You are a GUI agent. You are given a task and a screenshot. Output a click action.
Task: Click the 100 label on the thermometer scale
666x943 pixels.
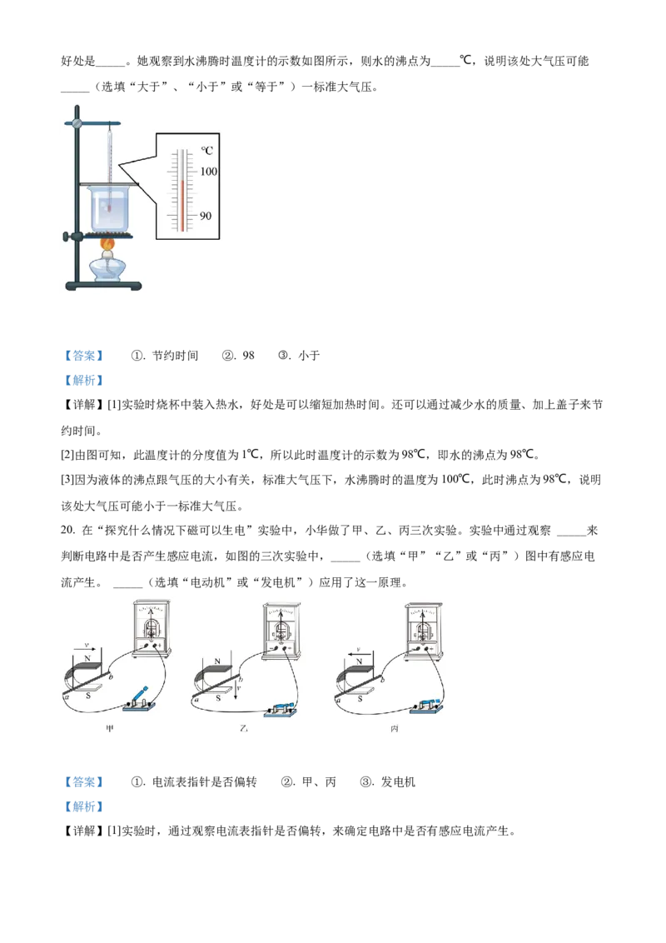(x=207, y=172)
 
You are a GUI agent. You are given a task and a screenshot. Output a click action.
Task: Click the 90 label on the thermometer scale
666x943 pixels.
(x=206, y=216)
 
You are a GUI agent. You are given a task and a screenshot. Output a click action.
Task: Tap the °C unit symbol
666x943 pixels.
(x=206, y=151)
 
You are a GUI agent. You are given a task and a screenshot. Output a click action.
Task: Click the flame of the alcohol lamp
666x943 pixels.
(x=107, y=245)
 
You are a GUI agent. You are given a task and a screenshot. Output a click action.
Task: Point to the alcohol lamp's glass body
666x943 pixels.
(x=107, y=270)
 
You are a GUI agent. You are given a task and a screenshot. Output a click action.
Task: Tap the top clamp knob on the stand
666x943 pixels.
(x=77, y=123)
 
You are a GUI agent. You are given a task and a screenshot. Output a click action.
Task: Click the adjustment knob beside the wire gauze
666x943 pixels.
(x=67, y=237)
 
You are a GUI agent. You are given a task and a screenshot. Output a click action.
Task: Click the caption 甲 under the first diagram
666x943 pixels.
(x=108, y=728)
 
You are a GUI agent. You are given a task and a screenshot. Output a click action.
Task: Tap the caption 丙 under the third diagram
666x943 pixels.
(x=395, y=728)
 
